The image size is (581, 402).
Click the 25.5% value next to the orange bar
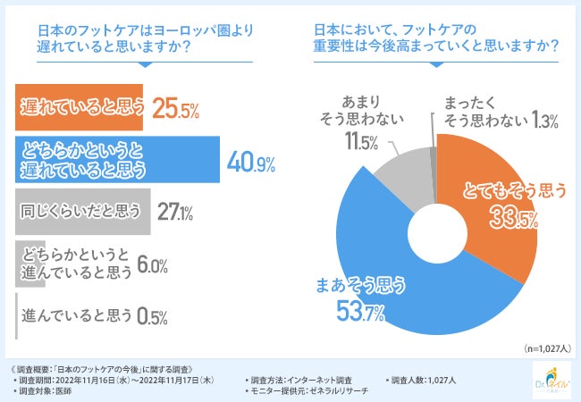[x=176, y=109]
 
